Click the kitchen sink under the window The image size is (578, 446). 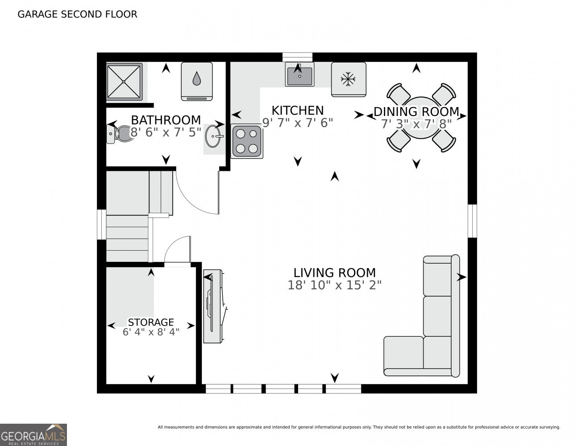pyautogui.click(x=299, y=74)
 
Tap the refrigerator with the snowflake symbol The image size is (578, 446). pyautogui.click(x=348, y=79)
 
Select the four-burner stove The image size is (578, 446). pyautogui.click(x=246, y=141)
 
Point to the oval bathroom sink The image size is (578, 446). pyautogui.click(x=213, y=136)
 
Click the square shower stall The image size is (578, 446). pyautogui.click(x=124, y=82)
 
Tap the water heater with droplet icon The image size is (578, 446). pyautogui.click(x=196, y=81)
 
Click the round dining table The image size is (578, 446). pyautogui.click(x=421, y=118)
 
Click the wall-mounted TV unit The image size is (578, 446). pyautogui.click(x=213, y=306)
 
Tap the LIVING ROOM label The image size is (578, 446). pyautogui.click(x=334, y=273)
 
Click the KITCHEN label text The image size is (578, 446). pyautogui.click(x=297, y=110)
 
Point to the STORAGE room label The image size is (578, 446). pyautogui.click(x=151, y=322)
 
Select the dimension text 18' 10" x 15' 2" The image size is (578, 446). pyautogui.click(x=334, y=285)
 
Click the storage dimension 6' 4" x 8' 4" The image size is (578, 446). pyautogui.click(x=151, y=332)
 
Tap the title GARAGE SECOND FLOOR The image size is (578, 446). pyautogui.click(x=77, y=14)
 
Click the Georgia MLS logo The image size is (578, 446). pyautogui.click(x=33, y=434)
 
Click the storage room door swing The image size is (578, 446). pyautogui.click(x=178, y=250)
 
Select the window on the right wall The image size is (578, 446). pyautogui.click(x=472, y=221)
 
